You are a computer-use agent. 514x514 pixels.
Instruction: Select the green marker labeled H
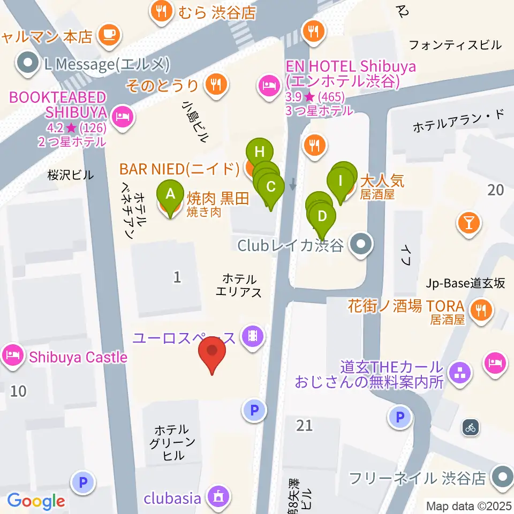(260, 152)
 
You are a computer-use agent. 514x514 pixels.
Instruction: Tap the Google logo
(36, 501)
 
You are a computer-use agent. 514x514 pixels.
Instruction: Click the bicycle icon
(470, 427)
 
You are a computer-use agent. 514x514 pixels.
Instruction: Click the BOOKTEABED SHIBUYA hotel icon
(123, 117)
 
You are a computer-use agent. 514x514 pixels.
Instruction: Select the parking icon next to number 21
(254, 411)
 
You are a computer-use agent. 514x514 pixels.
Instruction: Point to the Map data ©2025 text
(468, 505)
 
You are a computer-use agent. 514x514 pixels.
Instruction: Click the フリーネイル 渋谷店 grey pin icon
(502, 476)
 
